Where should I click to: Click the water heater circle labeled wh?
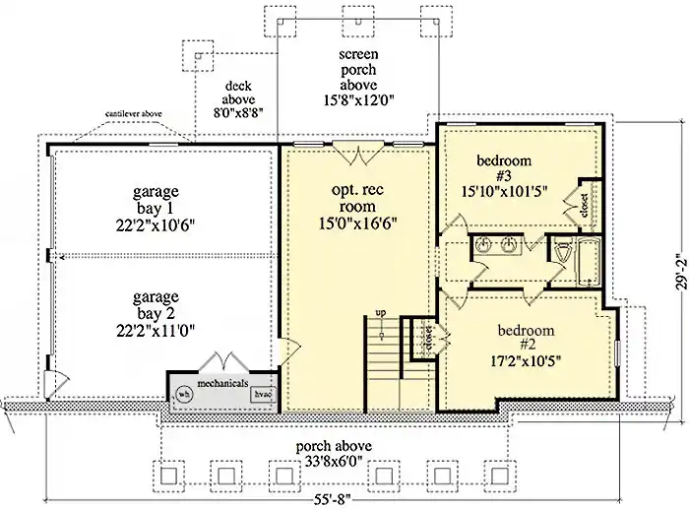pos(184,394)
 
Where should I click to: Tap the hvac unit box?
pos(263,394)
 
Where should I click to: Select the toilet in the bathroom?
pos(562,252)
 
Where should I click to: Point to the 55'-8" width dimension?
pos(334,499)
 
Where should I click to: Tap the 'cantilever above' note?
pos(133,114)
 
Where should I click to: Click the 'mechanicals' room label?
pos(222,383)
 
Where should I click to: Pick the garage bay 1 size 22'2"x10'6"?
pos(156,225)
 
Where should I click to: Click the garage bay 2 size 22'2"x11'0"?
pos(156,330)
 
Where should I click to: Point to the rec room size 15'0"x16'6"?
pos(357,223)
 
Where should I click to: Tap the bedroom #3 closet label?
pos(584,206)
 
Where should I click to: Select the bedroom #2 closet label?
pos(429,339)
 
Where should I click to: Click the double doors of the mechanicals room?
pos(224,361)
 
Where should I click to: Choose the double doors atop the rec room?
pos(358,153)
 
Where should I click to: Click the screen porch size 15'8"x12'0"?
pos(358,100)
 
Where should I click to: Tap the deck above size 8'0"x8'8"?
pos(238,113)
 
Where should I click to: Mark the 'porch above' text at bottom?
pos(334,446)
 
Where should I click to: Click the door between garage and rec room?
pos(289,351)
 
